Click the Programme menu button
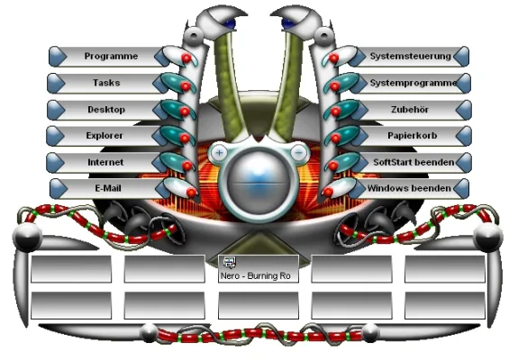click(x=111, y=57)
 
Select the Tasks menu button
click(x=106, y=83)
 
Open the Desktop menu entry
click(x=106, y=110)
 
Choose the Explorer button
click(x=105, y=136)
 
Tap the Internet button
click(x=105, y=162)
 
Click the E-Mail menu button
click(x=108, y=188)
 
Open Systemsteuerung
click(x=410, y=57)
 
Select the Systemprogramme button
click(x=413, y=83)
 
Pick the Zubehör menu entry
click(x=410, y=110)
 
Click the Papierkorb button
click(x=413, y=136)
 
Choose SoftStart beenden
click(x=413, y=162)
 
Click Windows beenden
click(x=409, y=188)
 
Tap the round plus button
click(x=219, y=153)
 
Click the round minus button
click(x=299, y=152)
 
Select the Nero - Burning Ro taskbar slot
click(x=259, y=268)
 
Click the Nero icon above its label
click(x=230, y=262)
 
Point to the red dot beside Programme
click(x=186, y=58)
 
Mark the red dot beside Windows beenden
click(x=328, y=192)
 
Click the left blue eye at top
click(x=230, y=23)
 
